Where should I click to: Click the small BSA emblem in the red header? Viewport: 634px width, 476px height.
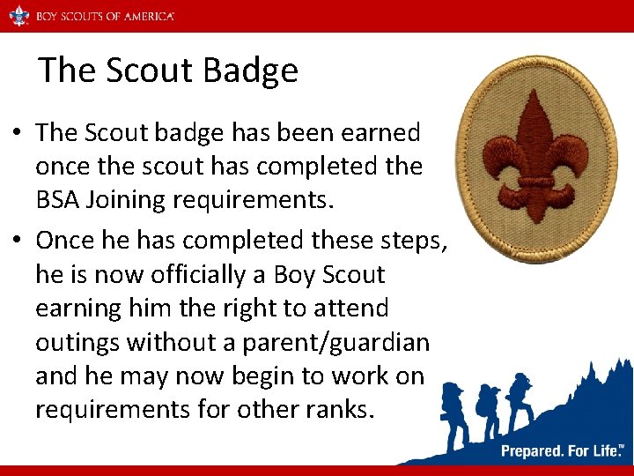pos(18,15)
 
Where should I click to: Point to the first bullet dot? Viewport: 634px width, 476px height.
pos(18,134)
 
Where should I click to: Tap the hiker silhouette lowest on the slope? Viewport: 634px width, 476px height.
pos(454,419)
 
